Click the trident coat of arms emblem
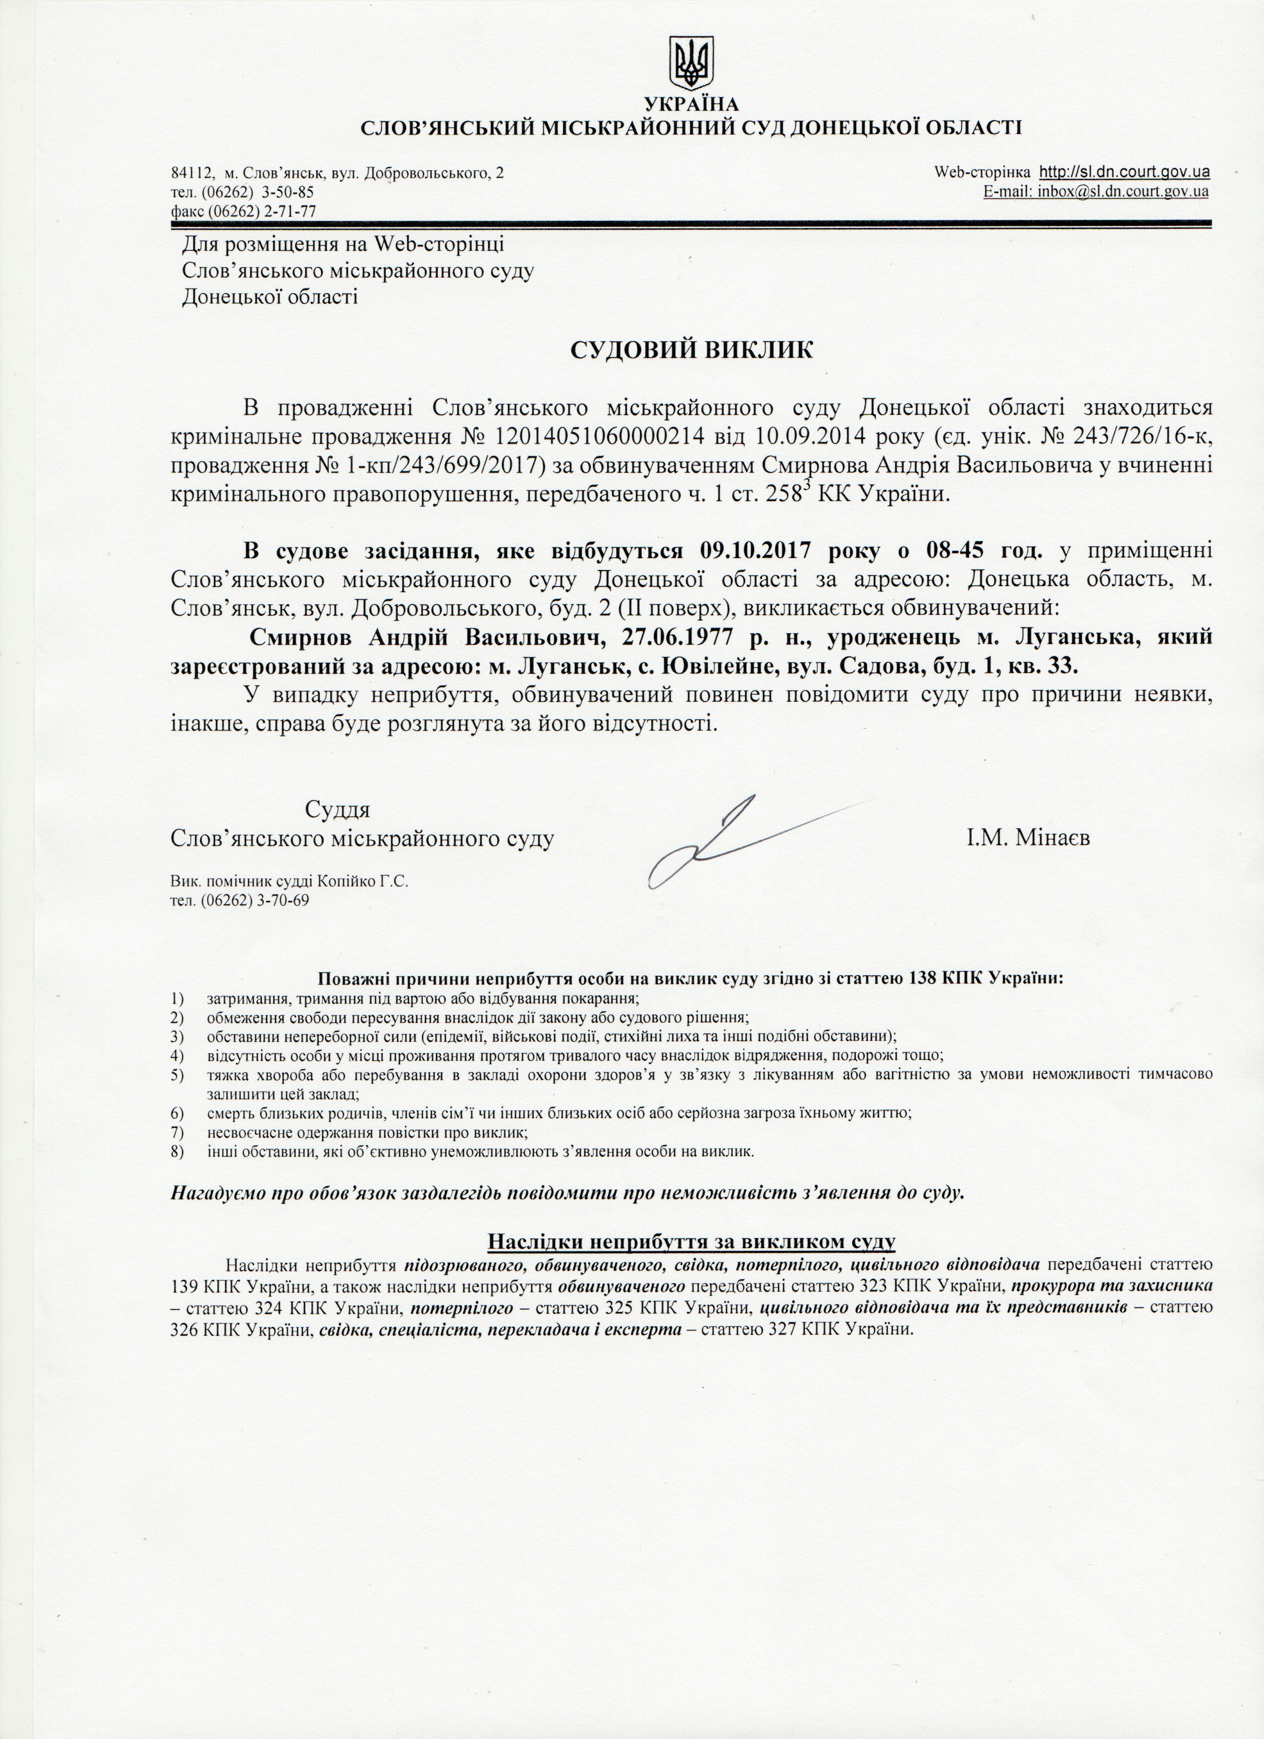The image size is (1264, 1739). pyautogui.click(x=692, y=65)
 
